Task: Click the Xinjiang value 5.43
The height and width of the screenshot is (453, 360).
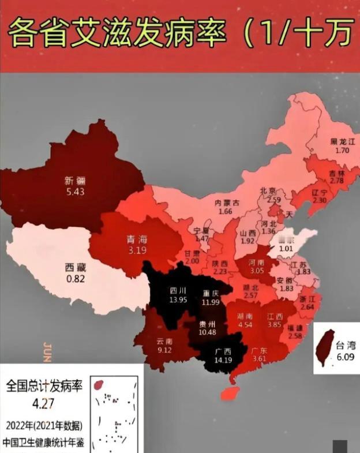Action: pos(74,191)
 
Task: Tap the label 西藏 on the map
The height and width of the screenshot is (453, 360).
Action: pos(74,267)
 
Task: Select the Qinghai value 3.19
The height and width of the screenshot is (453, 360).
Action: pos(137,250)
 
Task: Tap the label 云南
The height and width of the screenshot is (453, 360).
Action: pos(164,341)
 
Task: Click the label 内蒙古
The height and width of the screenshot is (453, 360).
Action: pos(227,203)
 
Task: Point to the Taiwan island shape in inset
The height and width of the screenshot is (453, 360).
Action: pos(327,347)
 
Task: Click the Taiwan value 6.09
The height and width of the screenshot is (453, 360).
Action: pos(347,357)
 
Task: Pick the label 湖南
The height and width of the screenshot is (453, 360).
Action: pos(245,317)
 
